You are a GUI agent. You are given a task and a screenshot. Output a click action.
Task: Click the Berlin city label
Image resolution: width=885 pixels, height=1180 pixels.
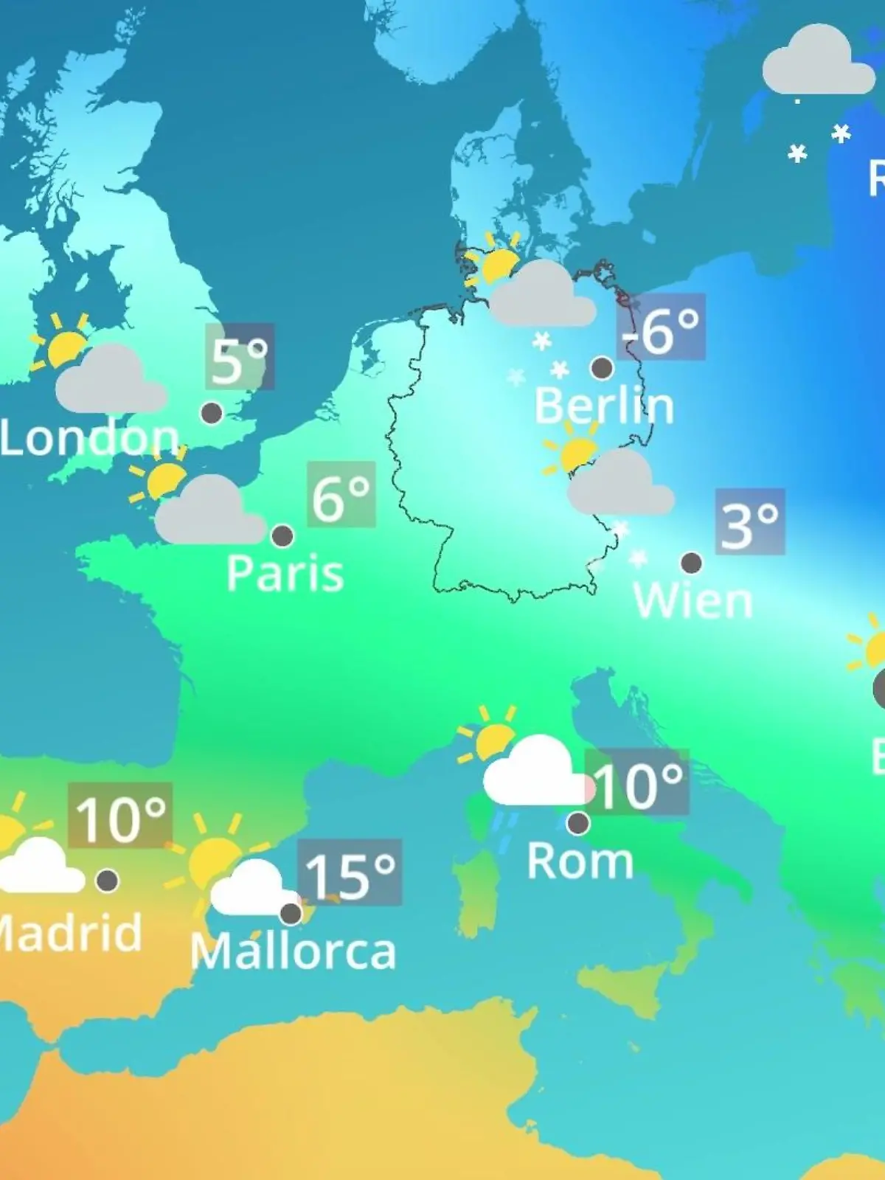(604, 406)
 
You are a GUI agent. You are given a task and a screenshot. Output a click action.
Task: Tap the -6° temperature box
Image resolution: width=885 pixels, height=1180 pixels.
(662, 327)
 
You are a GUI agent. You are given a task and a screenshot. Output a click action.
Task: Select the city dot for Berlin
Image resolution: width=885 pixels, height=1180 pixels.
(602, 367)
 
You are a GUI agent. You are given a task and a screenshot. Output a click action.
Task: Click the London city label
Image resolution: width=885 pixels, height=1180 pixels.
(89, 438)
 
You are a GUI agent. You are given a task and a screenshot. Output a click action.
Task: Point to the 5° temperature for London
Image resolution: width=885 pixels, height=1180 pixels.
(240, 357)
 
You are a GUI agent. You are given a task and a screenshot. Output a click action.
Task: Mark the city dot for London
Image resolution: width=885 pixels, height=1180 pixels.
(212, 413)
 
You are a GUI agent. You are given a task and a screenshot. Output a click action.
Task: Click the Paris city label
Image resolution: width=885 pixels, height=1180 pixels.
(285, 573)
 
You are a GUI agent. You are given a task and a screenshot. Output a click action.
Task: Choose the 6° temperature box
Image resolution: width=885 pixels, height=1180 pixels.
(341, 495)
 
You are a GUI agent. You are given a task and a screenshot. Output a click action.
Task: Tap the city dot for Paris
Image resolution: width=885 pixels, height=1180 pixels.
(282, 535)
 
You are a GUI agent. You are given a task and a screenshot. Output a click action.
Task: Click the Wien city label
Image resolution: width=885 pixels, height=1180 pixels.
(693, 600)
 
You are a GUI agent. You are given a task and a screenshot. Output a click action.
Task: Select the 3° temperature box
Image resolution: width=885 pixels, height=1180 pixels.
(750, 522)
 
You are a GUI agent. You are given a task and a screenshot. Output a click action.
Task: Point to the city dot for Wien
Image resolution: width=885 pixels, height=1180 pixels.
(691, 563)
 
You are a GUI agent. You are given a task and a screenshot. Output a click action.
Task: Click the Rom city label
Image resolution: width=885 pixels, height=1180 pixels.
(580, 861)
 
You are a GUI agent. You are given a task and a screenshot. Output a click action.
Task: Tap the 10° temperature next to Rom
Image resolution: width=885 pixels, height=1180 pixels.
(637, 783)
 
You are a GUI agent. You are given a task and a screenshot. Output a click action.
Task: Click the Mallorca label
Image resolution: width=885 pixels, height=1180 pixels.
(293, 952)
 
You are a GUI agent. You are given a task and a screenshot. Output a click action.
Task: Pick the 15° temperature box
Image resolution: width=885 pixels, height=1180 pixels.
(350, 873)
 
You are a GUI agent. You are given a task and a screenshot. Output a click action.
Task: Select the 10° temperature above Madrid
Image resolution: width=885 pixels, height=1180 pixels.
(120, 816)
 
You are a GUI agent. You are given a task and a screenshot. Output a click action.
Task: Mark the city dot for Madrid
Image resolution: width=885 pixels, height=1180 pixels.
(107, 880)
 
